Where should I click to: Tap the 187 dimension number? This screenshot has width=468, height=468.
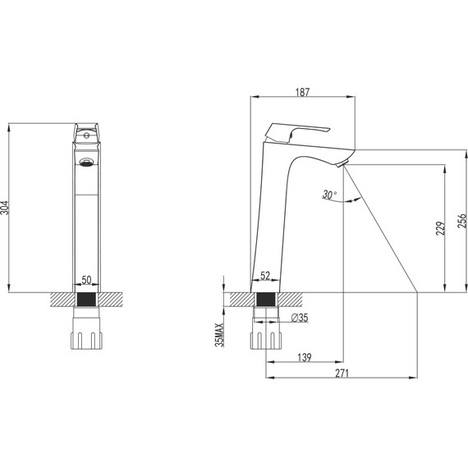point(301,94)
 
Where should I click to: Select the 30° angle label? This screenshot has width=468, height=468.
point(329,195)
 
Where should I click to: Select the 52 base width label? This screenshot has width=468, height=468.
point(265,277)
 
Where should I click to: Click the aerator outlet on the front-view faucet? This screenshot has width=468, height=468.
point(85,162)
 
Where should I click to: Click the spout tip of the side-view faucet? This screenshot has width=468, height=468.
point(345,162)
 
